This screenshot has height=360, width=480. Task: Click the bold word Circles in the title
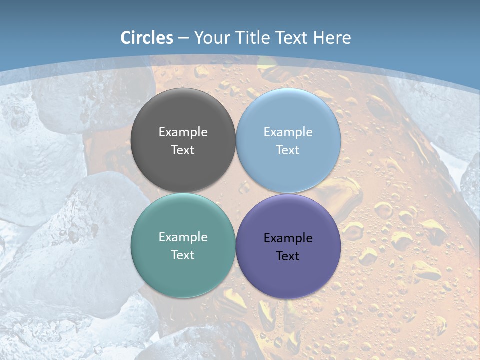click(x=146, y=38)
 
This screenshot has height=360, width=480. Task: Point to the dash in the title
click(x=183, y=38)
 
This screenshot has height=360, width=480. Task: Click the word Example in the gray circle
click(x=183, y=132)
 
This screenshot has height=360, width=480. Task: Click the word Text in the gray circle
click(x=183, y=150)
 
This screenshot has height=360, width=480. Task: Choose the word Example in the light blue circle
click(x=288, y=132)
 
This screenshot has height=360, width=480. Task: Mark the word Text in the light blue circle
click(x=288, y=150)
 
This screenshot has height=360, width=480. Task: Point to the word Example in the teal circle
click(x=183, y=237)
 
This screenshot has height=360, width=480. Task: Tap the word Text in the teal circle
click(x=183, y=255)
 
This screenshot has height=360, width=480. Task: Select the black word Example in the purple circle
click(x=288, y=238)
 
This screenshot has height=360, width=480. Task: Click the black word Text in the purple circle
click(x=288, y=256)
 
